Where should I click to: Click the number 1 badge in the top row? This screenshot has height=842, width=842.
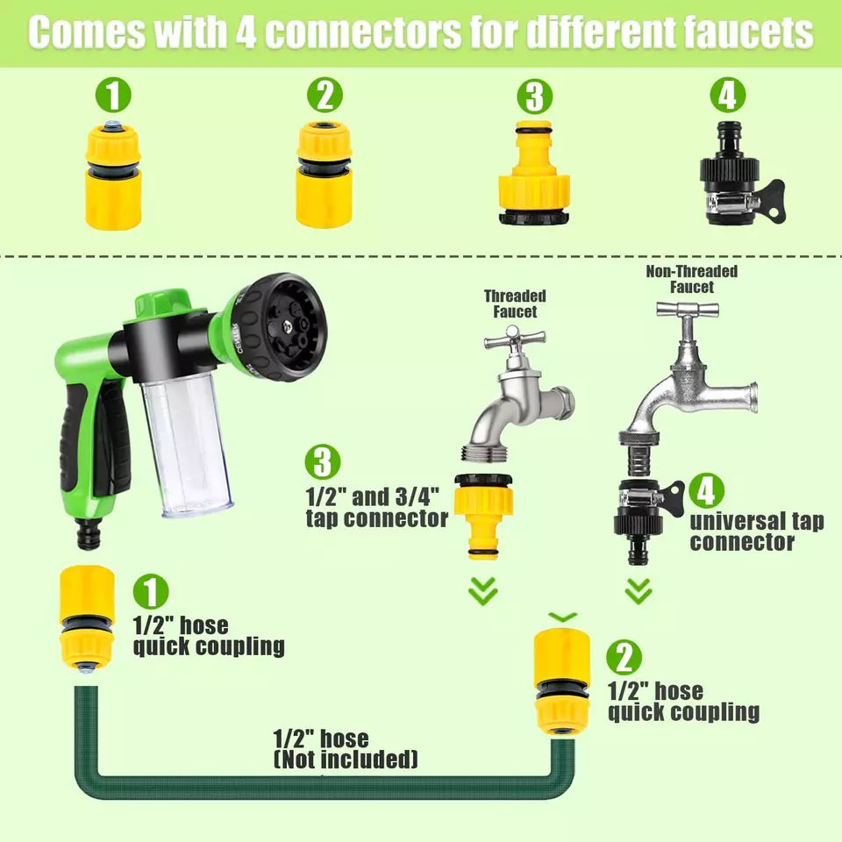(114, 96)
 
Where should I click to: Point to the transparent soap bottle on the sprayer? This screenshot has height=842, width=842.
(185, 442)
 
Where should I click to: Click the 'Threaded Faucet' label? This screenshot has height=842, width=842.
(515, 304)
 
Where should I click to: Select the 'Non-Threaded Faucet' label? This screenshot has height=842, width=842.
(692, 279)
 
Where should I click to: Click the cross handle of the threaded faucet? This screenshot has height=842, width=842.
(516, 339)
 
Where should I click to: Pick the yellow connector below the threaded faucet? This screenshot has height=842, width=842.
(483, 513)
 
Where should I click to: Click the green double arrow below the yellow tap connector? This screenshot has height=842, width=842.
(483, 589)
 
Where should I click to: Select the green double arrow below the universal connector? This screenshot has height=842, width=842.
(639, 590)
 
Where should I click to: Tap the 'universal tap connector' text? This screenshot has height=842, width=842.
(756, 532)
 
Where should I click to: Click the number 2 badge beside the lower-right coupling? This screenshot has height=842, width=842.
(624, 657)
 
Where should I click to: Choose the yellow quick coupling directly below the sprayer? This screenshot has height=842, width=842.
(86, 617)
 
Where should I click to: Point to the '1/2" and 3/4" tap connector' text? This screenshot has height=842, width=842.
(377, 507)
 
